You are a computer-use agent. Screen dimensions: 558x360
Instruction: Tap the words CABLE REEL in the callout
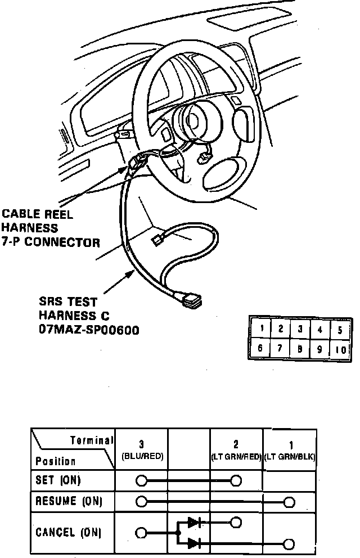click(38, 214)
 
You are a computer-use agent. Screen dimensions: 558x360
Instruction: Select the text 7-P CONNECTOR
click(51, 243)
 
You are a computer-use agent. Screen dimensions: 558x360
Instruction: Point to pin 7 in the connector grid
click(280, 348)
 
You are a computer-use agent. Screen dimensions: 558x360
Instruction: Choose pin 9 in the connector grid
click(319, 348)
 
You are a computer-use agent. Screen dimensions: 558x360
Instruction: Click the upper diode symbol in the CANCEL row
click(193, 522)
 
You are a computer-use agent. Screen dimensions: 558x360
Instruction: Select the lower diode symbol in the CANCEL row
click(193, 543)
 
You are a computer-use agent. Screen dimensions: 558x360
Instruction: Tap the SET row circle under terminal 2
click(236, 481)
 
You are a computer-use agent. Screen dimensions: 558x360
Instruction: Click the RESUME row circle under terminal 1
click(290, 501)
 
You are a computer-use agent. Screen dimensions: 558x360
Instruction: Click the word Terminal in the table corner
click(92, 440)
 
